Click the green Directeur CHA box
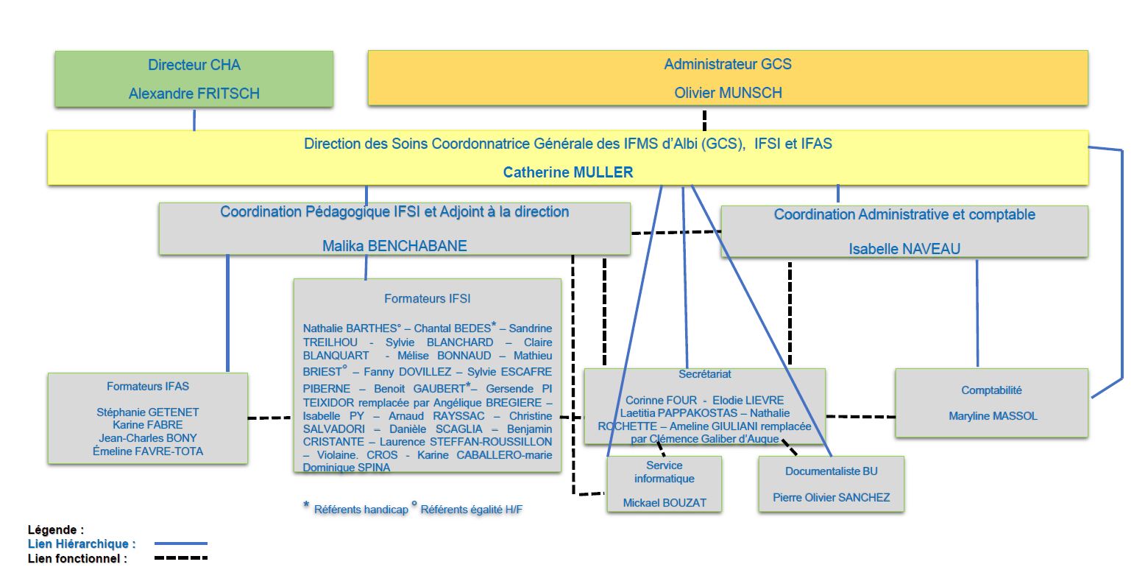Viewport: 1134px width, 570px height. click(x=194, y=79)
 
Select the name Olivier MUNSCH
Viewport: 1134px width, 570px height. click(x=728, y=93)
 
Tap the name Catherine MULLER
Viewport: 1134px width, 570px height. click(x=568, y=172)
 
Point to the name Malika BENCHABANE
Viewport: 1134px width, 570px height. click(x=394, y=246)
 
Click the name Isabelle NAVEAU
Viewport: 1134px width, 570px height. click(x=904, y=249)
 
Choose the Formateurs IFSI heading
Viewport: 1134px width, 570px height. click(x=428, y=298)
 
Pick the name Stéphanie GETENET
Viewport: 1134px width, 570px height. click(x=148, y=412)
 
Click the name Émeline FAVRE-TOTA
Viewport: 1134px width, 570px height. click(x=148, y=451)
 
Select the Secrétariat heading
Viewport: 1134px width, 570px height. click(x=705, y=374)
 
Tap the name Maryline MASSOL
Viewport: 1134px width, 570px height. click(x=993, y=416)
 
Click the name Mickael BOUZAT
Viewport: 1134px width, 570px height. click(x=665, y=502)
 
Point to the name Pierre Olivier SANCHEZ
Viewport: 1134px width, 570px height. click(x=832, y=498)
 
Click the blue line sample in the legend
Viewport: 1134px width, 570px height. click(x=181, y=543)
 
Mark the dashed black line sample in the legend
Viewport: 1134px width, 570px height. click(x=181, y=557)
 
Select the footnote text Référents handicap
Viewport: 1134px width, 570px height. click(x=361, y=510)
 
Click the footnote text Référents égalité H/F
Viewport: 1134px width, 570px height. click(x=471, y=510)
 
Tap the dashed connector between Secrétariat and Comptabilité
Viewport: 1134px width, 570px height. click(x=861, y=417)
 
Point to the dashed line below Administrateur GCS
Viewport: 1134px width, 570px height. click(x=704, y=121)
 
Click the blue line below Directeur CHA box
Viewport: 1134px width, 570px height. click(x=194, y=120)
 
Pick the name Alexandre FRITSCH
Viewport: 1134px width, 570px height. click(x=194, y=94)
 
